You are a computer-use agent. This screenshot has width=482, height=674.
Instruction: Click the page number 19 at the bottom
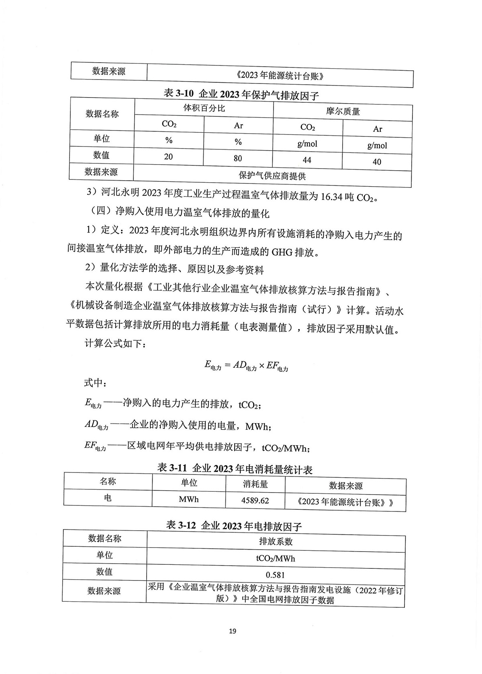(x=233, y=631)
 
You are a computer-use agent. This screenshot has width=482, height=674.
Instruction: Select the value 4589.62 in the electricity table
(x=255, y=501)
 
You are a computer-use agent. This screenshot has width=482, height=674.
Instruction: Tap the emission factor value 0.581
(x=276, y=575)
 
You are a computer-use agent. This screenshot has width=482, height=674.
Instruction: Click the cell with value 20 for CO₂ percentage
(x=168, y=157)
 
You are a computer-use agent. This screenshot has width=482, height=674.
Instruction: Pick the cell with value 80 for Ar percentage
(x=238, y=158)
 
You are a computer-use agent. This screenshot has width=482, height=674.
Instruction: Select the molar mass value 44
(x=307, y=160)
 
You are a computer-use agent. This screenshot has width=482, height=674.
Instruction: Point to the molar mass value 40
(x=377, y=162)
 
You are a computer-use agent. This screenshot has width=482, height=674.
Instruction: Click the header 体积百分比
(x=204, y=108)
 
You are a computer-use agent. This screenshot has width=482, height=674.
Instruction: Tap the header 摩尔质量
(x=343, y=112)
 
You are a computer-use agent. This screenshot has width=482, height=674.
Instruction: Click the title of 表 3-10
(x=241, y=95)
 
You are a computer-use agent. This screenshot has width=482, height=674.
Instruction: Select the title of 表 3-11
(x=235, y=468)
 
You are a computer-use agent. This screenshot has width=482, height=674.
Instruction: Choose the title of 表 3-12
(x=234, y=525)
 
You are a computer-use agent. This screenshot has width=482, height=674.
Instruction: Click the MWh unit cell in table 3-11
(x=189, y=499)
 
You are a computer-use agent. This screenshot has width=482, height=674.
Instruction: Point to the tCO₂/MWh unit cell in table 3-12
(x=276, y=558)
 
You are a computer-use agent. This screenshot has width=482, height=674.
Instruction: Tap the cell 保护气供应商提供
(x=272, y=176)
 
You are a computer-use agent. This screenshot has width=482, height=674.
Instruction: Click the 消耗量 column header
(x=255, y=484)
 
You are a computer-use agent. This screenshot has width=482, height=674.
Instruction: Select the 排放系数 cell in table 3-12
(x=276, y=542)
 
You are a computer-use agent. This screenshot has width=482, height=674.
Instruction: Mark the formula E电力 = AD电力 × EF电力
(x=246, y=366)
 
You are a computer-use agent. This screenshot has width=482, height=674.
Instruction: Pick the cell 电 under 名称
(x=108, y=498)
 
